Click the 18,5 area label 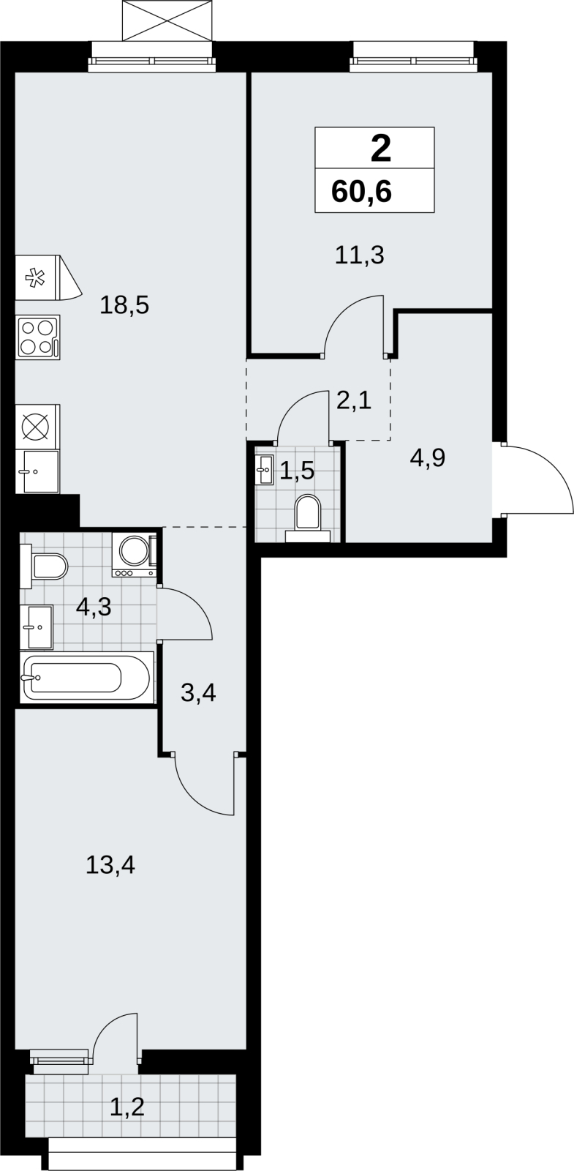124,304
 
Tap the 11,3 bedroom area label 359,255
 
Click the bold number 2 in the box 381,149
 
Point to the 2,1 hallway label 354,401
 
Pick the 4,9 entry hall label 428,458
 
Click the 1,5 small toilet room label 297,471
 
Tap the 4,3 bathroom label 94,607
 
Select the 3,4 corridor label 198,693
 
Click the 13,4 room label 110,865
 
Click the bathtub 87,678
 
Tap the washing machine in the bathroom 135,555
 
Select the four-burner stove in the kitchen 37,337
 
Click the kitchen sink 37,471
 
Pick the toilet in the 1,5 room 308,518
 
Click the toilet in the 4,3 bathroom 44,566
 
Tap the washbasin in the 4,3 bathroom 37,626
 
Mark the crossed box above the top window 167,20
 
